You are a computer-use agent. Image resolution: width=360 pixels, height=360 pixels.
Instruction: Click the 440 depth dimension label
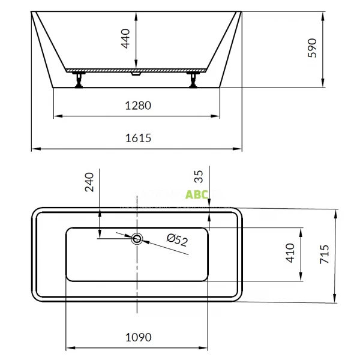[x=126, y=39]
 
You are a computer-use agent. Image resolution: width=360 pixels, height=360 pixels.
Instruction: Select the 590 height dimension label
[x=311, y=48]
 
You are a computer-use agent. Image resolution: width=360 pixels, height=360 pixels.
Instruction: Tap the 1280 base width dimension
[x=137, y=106]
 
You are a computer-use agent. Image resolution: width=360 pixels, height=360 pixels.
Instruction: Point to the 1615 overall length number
[x=137, y=138]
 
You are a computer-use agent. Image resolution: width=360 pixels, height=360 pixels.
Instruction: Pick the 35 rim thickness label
[x=199, y=176]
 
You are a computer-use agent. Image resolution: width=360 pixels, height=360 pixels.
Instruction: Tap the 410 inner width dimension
[x=290, y=254]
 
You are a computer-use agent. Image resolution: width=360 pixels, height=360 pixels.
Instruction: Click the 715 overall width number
[x=325, y=256]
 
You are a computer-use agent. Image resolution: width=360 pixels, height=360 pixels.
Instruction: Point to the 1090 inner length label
[x=137, y=337]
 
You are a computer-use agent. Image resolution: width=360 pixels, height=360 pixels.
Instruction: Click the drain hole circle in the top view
[x=137, y=239]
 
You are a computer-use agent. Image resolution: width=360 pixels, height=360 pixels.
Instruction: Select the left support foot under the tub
[x=78, y=79]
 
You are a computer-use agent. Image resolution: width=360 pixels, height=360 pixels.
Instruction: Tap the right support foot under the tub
[x=194, y=79]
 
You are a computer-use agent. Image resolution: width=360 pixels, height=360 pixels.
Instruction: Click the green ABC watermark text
[x=197, y=194]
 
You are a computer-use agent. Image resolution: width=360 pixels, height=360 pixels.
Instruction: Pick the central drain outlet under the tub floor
[x=137, y=75]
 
